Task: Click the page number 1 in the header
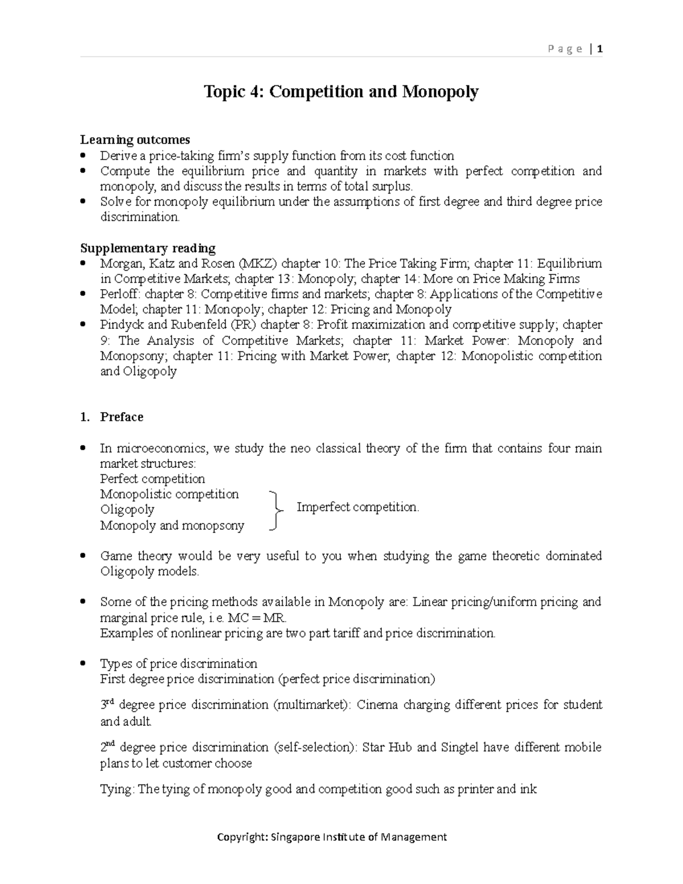point(600,50)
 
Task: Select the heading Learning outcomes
point(135,140)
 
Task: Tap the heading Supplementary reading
point(147,248)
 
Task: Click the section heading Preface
point(121,417)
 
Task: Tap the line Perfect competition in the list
point(152,479)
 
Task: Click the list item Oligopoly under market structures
point(127,509)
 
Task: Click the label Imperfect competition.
point(357,507)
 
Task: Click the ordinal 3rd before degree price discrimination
point(108,705)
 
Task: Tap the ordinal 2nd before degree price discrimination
point(108,747)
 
